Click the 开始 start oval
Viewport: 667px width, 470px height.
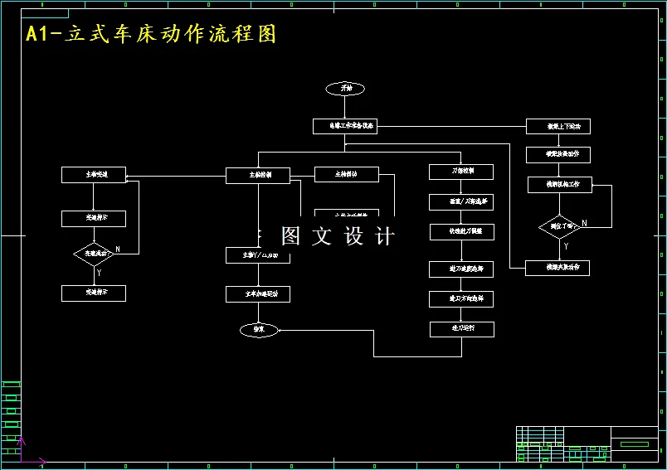pyautogui.click(x=345, y=88)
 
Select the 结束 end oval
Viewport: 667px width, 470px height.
pyautogui.click(x=258, y=330)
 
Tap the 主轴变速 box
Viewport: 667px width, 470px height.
pyautogui.click(x=94, y=175)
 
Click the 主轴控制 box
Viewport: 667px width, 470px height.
pyautogui.click(x=258, y=176)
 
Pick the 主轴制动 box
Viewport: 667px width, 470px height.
pyautogui.click(x=347, y=174)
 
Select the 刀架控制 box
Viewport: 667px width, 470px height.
pyautogui.click(x=461, y=172)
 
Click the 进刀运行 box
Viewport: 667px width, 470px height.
pyautogui.click(x=461, y=329)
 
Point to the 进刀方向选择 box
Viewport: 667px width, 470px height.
pyautogui.click(x=461, y=298)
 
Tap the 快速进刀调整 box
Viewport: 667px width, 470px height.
pyautogui.click(x=461, y=231)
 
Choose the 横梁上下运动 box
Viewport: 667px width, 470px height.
pyautogui.click(x=558, y=127)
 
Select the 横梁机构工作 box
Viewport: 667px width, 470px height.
pyautogui.click(x=560, y=184)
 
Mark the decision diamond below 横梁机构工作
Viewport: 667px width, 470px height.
pyautogui.click(x=558, y=225)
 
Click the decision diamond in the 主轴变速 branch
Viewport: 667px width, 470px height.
pyautogui.click(x=94, y=254)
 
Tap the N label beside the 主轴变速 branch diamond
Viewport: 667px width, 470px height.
pyautogui.click(x=117, y=249)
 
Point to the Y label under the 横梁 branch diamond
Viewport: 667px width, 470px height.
pyautogui.click(x=566, y=246)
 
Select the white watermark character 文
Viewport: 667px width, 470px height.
pyautogui.click(x=321, y=236)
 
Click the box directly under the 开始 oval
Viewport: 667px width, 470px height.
pyautogui.click(x=345, y=126)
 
